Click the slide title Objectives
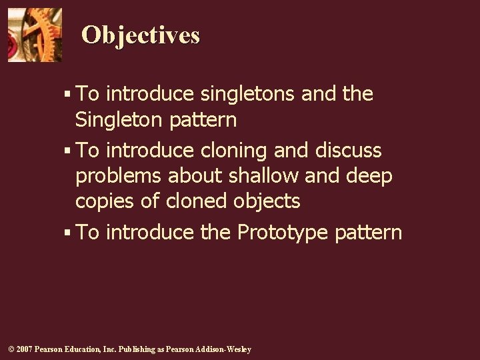point(140,35)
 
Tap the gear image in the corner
point(35,35)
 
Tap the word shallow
point(263,176)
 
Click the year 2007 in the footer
point(23,349)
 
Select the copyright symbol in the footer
point(10,349)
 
